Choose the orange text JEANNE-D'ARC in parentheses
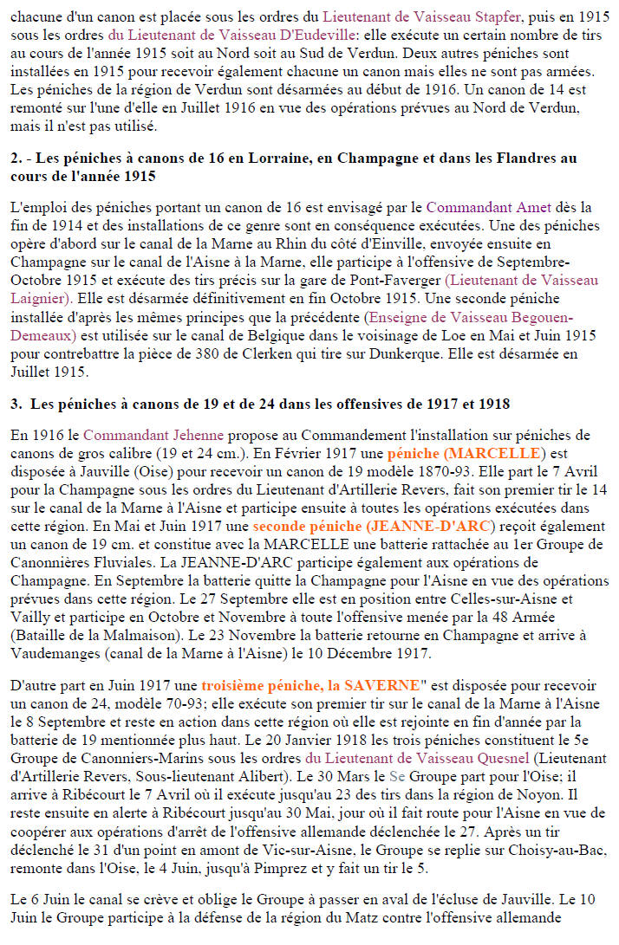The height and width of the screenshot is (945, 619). pyautogui.click(x=444, y=525)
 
